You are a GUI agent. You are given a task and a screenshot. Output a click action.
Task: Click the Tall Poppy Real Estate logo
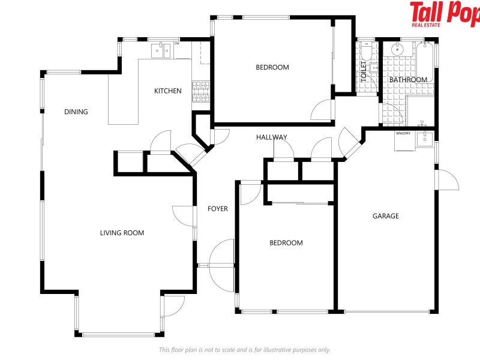click(x=445, y=14)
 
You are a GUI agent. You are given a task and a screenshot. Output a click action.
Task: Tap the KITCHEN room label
click(x=168, y=91)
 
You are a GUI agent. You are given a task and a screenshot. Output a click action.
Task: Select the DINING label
click(x=76, y=112)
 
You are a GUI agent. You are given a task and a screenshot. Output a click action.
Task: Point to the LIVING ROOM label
click(x=122, y=233)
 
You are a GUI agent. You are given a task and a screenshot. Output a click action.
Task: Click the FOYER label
click(x=218, y=209)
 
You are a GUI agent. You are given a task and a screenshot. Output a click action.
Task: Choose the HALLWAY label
click(x=272, y=137)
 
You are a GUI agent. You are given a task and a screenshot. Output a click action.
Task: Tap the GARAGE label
click(x=386, y=216)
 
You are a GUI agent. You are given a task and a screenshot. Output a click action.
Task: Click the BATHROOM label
click(x=408, y=80)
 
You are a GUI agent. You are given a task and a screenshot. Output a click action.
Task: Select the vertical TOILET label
click(x=364, y=71)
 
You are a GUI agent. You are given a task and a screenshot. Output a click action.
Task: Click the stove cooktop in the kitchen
click(x=201, y=92)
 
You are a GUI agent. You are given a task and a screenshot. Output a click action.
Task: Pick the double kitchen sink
click(x=161, y=50)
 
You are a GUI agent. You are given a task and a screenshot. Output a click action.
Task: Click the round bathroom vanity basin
click(x=397, y=49)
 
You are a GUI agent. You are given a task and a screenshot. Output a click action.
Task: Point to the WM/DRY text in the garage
click(x=403, y=133)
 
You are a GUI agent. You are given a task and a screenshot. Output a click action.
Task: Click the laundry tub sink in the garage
click(x=425, y=139)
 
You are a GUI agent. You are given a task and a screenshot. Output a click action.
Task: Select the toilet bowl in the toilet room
click(x=366, y=52)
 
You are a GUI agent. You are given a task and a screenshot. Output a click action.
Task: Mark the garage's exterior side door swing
click(x=447, y=180)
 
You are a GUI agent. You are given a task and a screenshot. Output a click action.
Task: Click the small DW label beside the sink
click(x=176, y=43)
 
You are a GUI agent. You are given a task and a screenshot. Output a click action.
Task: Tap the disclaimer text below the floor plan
click(x=245, y=350)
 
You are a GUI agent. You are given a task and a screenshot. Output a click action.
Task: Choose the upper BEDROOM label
click(x=272, y=67)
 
